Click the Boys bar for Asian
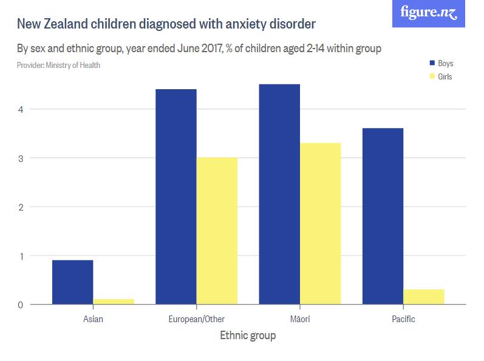coord(72,282)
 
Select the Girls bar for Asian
coord(114,302)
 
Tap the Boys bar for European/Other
coord(176,197)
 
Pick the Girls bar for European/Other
coord(217,231)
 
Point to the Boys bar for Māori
coord(279,194)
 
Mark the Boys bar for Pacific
coord(382,216)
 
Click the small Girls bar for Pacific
coord(423,297)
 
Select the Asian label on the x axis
coord(92,319)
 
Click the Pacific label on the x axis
coord(403,319)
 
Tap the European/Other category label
coord(196,319)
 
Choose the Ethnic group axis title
coord(248,336)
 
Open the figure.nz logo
coord(429,13)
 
